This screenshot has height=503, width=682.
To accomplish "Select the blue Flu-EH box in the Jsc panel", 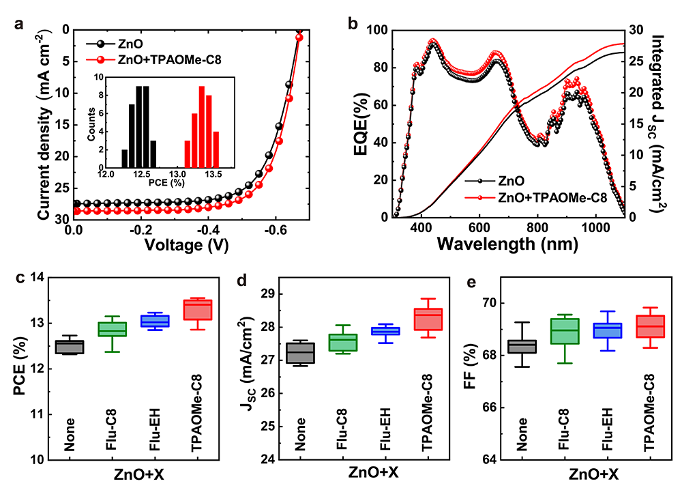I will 389,331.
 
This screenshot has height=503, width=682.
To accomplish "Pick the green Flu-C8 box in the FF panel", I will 569,331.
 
